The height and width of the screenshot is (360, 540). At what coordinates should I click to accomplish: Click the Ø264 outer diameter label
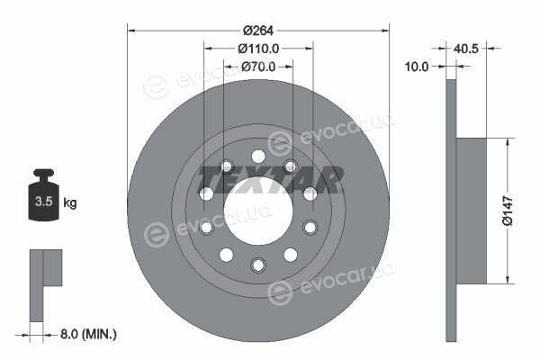258,31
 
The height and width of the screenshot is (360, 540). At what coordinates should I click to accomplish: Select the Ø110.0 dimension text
258,49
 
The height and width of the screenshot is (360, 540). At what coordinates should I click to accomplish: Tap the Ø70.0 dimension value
258,67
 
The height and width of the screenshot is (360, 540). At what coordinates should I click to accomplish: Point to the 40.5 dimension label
466,49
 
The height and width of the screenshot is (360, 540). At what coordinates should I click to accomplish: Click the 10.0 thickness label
417,67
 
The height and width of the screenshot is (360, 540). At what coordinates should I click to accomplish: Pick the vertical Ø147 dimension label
508,211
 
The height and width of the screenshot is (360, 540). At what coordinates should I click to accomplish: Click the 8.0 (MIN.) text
88,334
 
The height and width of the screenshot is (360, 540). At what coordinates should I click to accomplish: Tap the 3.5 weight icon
44,194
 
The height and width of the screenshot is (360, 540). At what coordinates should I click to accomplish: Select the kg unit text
70,202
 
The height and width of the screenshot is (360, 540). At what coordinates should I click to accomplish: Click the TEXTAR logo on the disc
271,179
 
